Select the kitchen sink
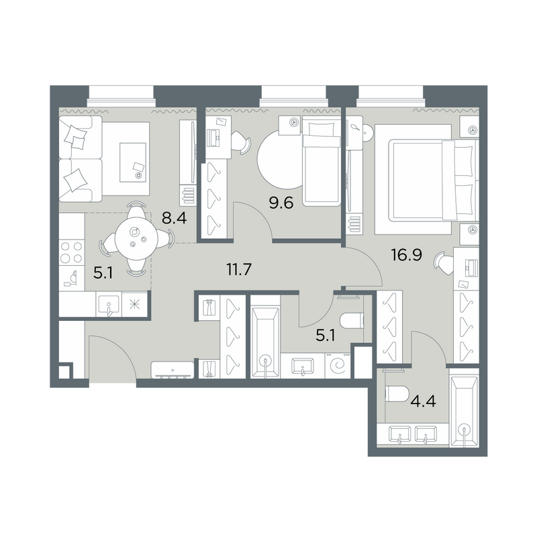[107, 305]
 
